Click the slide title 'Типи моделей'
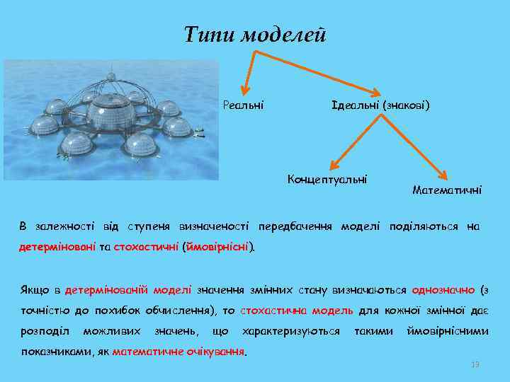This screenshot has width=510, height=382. [x=255, y=33]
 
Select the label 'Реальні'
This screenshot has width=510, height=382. [x=243, y=105]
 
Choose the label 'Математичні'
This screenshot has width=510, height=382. [x=447, y=190]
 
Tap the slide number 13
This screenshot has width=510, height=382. [x=475, y=364]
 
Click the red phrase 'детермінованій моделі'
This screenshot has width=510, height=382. [x=127, y=290]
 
